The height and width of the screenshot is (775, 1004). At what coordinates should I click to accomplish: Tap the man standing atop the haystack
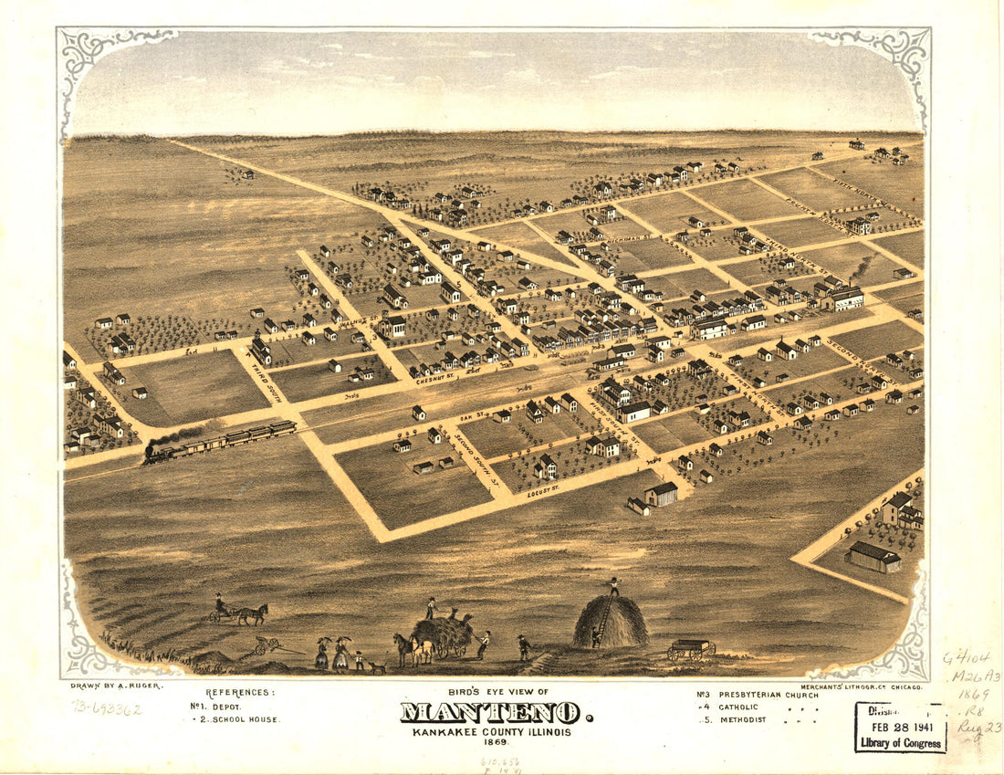click(x=614, y=586)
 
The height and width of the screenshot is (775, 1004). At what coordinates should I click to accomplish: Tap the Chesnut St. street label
click(x=434, y=377)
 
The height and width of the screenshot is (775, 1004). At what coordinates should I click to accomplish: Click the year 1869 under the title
click(x=497, y=740)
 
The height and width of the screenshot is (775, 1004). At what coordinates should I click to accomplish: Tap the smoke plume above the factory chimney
click(x=863, y=266)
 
